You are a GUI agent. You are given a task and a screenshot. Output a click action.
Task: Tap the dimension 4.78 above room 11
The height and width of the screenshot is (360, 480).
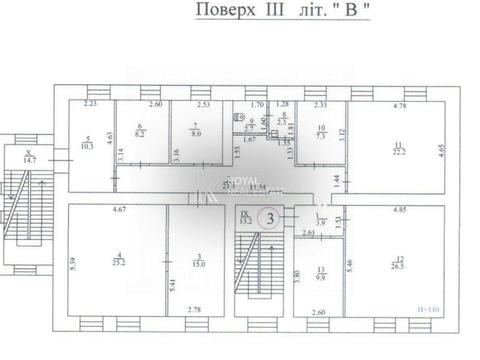(398, 105)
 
